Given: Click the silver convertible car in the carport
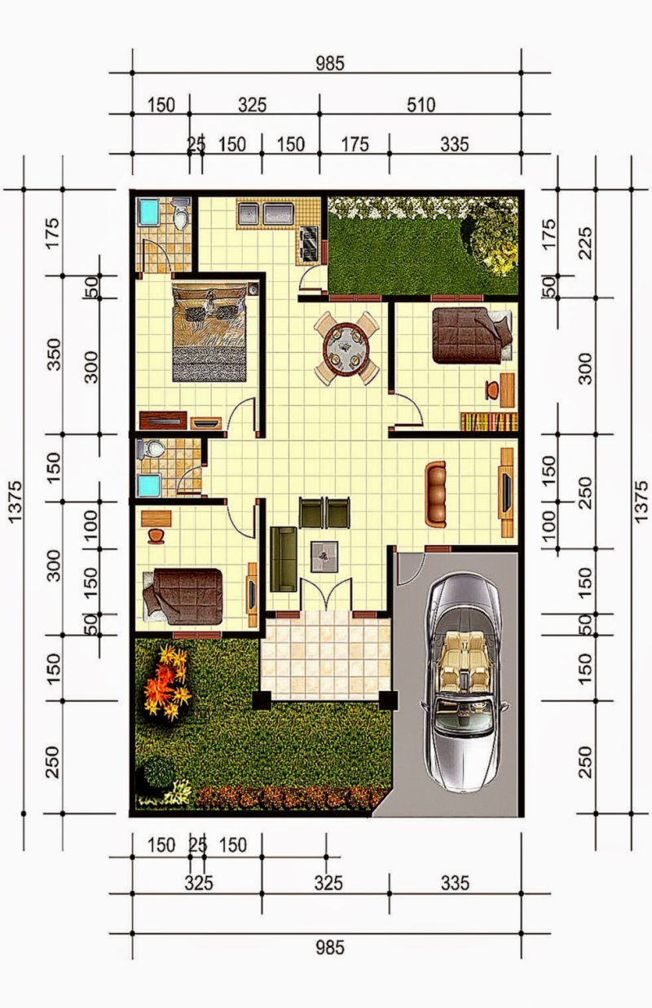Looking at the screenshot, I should [x=462, y=680].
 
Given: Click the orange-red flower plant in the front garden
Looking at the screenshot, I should [x=165, y=683].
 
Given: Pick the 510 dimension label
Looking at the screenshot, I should [x=421, y=105].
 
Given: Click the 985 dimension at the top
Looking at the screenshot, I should [x=330, y=63].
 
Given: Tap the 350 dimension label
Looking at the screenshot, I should [x=55, y=354].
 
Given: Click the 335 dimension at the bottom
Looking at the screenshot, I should [x=455, y=883].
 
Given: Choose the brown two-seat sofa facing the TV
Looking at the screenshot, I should [x=436, y=493].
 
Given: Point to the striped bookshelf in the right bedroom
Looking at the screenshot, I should [x=489, y=421].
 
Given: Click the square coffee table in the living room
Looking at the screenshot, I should [x=324, y=557].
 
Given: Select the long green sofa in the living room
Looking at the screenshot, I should [x=284, y=558].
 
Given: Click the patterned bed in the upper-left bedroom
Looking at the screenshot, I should [x=210, y=332].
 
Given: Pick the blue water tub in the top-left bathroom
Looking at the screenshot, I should [x=148, y=211].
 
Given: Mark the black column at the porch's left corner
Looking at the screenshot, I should [x=262, y=700].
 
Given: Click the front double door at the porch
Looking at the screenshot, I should [x=326, y=593].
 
